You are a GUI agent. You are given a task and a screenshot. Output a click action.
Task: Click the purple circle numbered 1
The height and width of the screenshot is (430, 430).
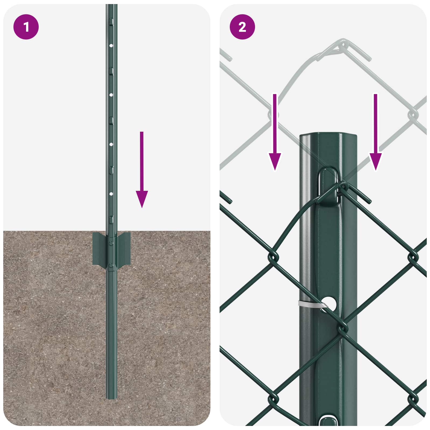[26, 27]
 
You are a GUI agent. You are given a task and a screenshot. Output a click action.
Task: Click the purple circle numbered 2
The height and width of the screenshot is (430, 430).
[242, 27]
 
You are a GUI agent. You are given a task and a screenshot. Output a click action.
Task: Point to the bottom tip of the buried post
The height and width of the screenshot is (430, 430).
[111, 398]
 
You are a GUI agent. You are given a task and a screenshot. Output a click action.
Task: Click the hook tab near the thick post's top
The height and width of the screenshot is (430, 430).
[328, 185]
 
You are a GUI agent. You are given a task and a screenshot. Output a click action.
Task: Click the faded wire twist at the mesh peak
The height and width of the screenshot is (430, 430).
[341, 48]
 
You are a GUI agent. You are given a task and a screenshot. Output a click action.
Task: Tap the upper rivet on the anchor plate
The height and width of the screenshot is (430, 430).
[111, 243]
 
